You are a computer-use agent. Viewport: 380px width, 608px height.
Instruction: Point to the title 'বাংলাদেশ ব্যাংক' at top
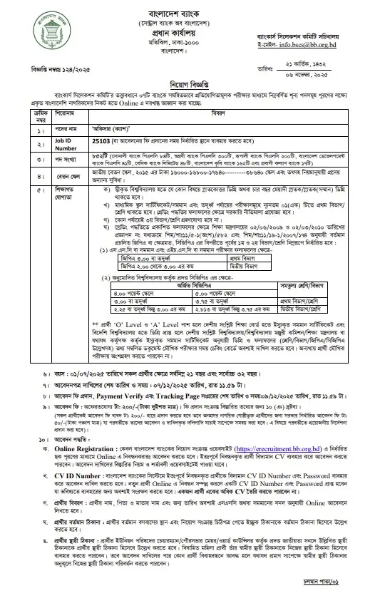click(x=190, y=13)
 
